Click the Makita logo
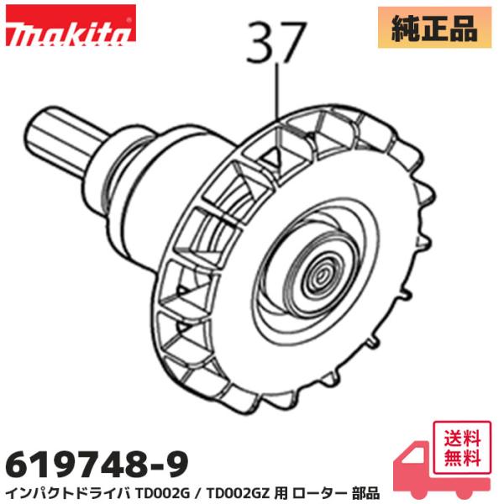(69, 33)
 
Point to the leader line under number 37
(276, 92)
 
